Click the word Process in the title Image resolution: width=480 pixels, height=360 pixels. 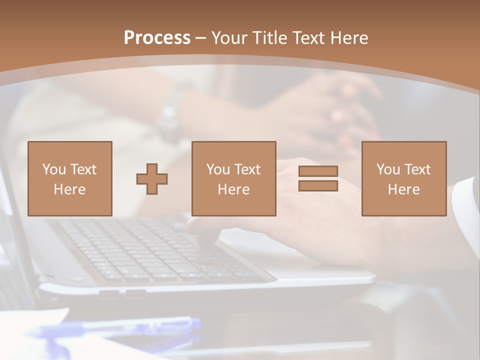(157, 38)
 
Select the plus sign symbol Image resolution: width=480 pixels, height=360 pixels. (152, 179)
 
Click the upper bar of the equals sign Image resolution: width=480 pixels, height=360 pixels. (318, 171)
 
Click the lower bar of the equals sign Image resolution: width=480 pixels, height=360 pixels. (318, 186)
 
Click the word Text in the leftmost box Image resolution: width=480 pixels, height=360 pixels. (83, 169)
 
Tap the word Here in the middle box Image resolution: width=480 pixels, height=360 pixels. (234, 189)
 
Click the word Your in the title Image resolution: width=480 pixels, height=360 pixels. (229, 38)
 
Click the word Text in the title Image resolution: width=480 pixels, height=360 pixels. (307, 38)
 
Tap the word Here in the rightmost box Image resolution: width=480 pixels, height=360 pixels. (404, 189)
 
